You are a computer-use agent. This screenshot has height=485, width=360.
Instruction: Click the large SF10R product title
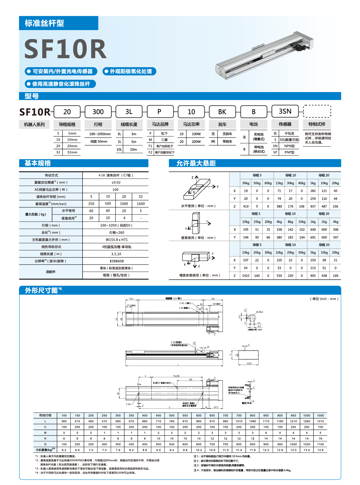65,49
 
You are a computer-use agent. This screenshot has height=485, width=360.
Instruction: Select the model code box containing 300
98,112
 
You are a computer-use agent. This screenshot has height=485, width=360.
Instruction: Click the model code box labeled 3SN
285,111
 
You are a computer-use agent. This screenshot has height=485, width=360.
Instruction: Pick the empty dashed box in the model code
317,111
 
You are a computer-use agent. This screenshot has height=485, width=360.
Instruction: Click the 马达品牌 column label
160,124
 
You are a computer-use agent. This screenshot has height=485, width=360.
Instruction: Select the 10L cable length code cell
119,150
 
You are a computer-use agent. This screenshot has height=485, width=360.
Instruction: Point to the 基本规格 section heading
38,163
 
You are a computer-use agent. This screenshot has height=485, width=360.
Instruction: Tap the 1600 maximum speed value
141,204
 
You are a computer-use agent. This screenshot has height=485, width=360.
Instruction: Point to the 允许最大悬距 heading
196,163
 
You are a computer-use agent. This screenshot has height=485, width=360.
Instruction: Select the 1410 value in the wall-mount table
246,276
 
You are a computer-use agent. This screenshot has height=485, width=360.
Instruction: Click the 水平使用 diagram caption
198,206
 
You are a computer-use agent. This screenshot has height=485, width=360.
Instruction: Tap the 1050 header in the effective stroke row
320,415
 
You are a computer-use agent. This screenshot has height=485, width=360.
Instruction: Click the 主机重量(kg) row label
45,450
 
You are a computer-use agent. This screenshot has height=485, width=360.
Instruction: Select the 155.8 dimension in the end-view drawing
249,363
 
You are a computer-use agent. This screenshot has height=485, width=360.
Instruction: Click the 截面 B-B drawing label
247,403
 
